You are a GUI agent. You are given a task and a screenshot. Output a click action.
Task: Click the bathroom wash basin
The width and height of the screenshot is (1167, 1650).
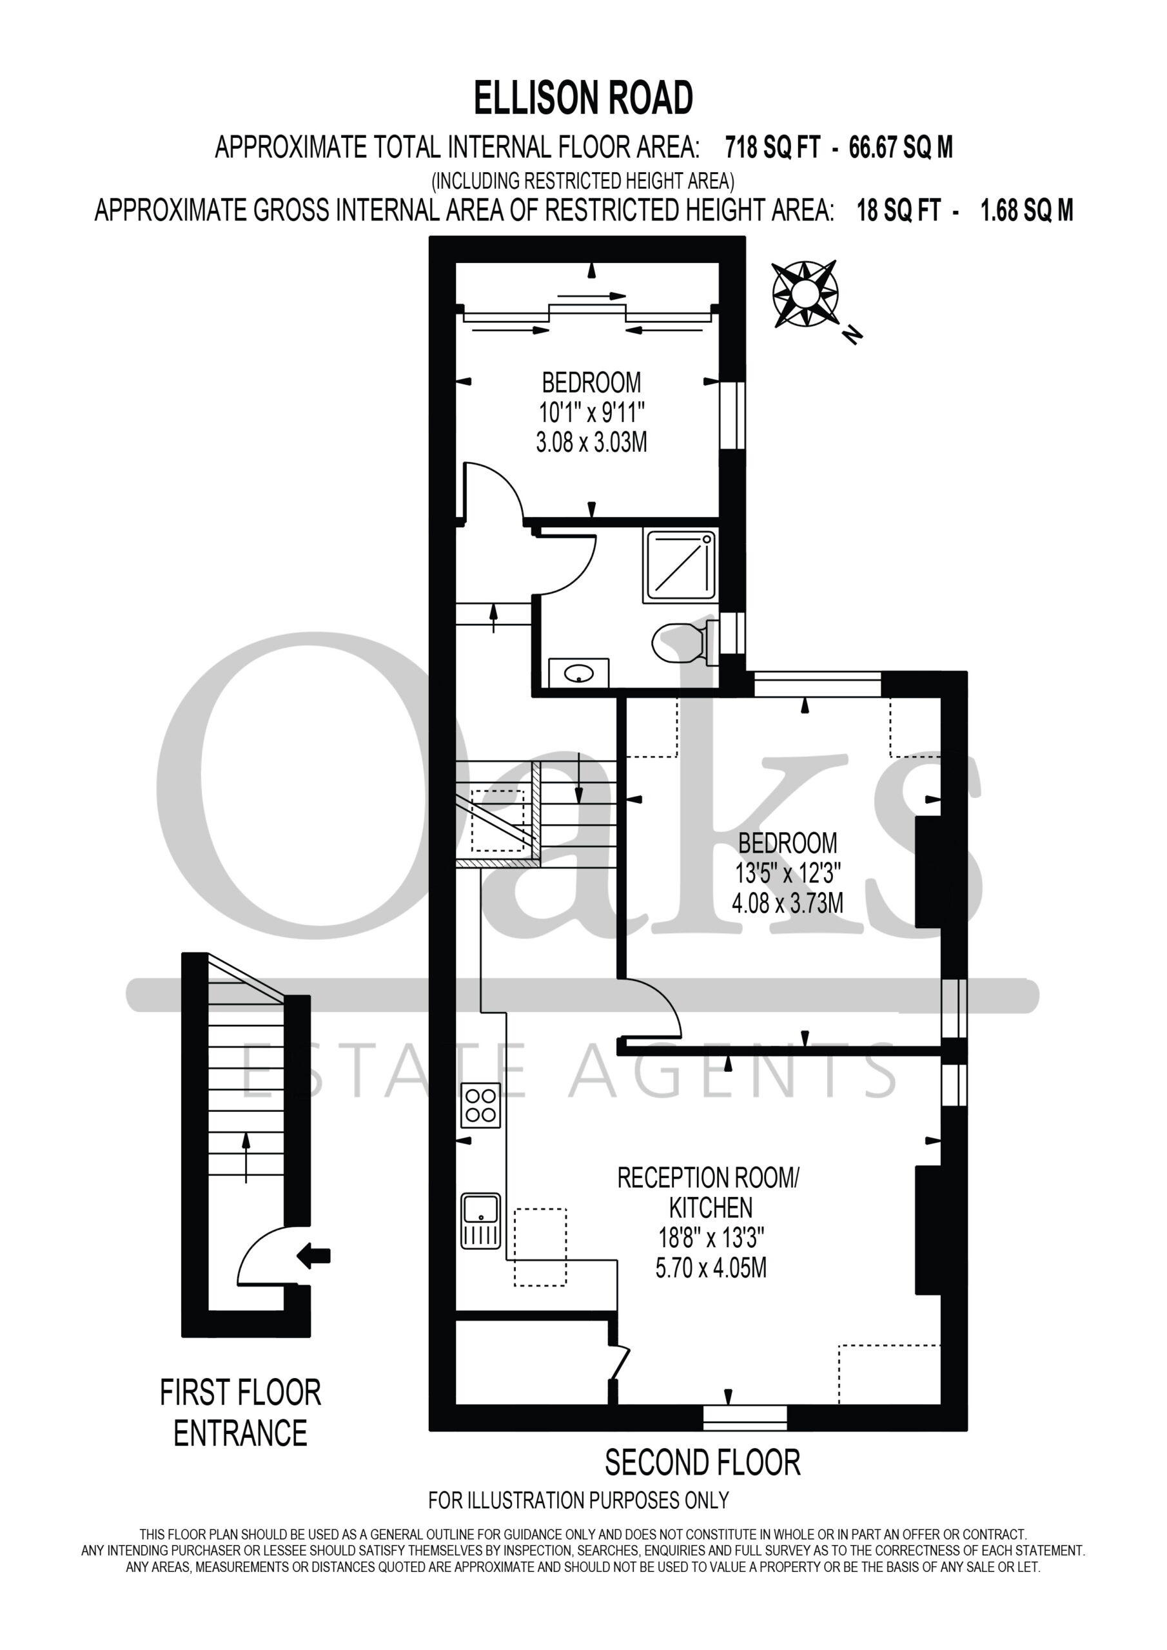(x=579, y=673)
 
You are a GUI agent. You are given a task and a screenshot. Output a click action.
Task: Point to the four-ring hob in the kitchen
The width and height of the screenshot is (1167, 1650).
(x=481, y=1105)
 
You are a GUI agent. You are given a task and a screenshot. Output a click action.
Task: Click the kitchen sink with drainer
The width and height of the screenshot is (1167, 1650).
(x=481, y=1221)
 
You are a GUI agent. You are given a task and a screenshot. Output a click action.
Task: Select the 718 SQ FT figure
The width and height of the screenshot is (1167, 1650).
(x=772, y=148)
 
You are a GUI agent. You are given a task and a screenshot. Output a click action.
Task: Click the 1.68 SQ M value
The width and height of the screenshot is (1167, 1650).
(x=1027, y=211)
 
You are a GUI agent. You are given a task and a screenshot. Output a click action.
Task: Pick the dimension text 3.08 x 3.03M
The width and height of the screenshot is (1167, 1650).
(x=591, y=442)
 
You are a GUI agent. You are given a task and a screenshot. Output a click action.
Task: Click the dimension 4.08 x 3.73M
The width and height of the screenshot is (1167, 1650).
(x=787, y=902)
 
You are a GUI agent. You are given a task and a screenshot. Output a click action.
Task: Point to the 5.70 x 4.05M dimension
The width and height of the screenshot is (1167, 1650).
(x=711, y=1268)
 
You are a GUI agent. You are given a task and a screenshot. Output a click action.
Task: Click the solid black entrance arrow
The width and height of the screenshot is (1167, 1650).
(x=314, y=1256)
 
